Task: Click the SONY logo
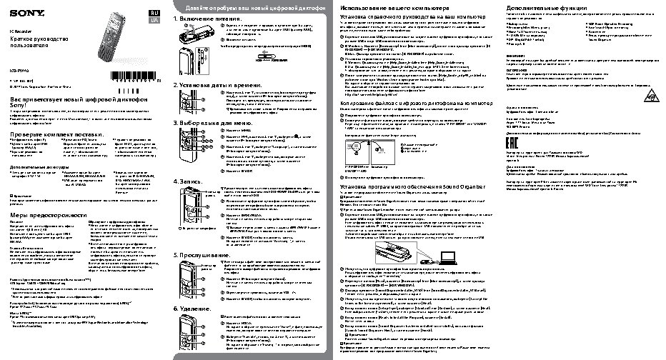[23, 14]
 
